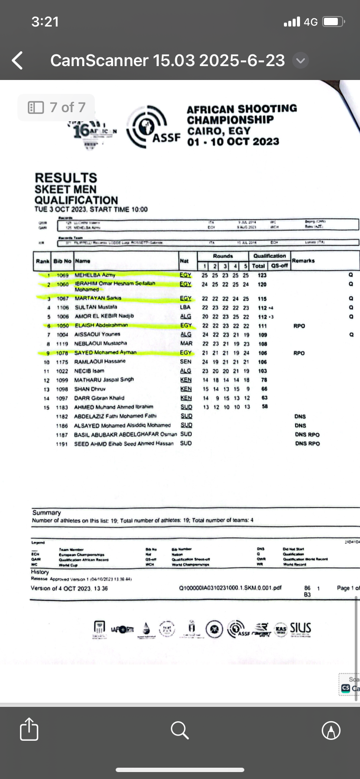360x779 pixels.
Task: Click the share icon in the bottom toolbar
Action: click(29, 730)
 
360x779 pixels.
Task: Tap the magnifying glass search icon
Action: click(180, 730)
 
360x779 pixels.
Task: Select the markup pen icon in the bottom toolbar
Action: click(331, 730)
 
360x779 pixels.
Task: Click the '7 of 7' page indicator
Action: click(57, 107)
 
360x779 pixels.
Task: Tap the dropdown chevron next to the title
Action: click(300, 61)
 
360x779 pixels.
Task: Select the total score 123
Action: click(262, 275)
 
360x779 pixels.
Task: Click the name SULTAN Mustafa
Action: click(96, 307)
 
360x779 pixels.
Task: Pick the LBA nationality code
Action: click(185, 307)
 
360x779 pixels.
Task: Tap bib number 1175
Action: click(62, 362)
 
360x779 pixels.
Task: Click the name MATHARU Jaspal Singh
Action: click(104, 380)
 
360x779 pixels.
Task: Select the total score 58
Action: click(264, 406)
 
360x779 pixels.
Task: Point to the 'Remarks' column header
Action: click(303, 260)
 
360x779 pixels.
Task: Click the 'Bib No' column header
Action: click(62, 261)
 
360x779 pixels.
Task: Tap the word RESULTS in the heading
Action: click(66, 178)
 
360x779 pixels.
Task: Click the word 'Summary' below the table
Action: click(47, 513)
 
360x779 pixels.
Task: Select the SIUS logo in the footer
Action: click(300, 628)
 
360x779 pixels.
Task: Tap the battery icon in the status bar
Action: click(334, 22)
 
